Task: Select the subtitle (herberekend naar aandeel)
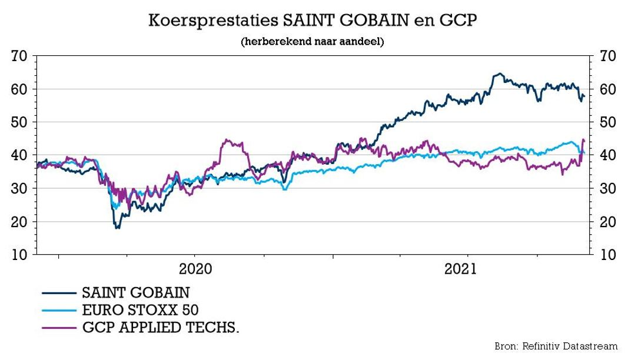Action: coord(312,42)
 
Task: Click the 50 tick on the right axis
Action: coord(607,122)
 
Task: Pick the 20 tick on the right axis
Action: coord(607,222)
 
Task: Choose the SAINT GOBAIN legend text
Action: coord(136,292)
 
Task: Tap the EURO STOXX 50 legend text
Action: coord(144,310)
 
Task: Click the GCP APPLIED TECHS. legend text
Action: coord(160,327)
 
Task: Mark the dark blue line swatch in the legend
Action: coord(59,292)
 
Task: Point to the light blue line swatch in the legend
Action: coord(59,310)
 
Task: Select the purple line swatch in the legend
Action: coord(59,327)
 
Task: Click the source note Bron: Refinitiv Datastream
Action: coord(556,346)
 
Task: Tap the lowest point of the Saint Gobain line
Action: coord(117,227)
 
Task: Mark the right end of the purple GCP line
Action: coord(583,140)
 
